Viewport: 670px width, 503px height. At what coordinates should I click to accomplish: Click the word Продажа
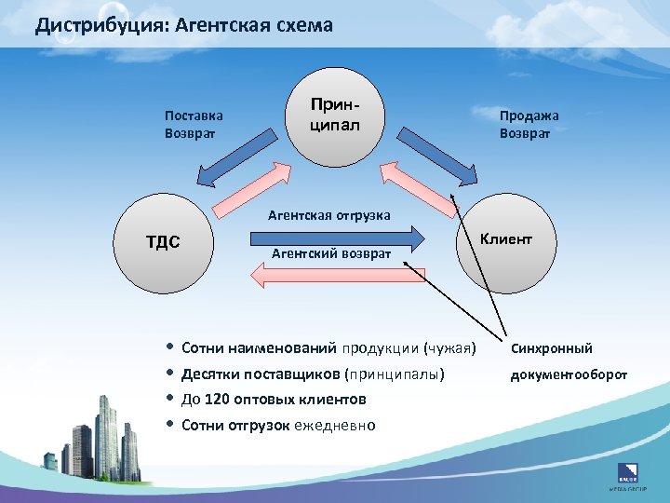point(529,116)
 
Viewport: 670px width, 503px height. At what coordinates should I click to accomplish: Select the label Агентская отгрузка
point(328,215)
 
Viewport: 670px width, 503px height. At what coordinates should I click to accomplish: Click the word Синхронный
point(551,348)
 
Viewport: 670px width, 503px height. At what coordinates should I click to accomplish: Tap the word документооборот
point(569,374)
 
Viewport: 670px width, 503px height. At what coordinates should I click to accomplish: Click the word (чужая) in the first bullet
point(449,348)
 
